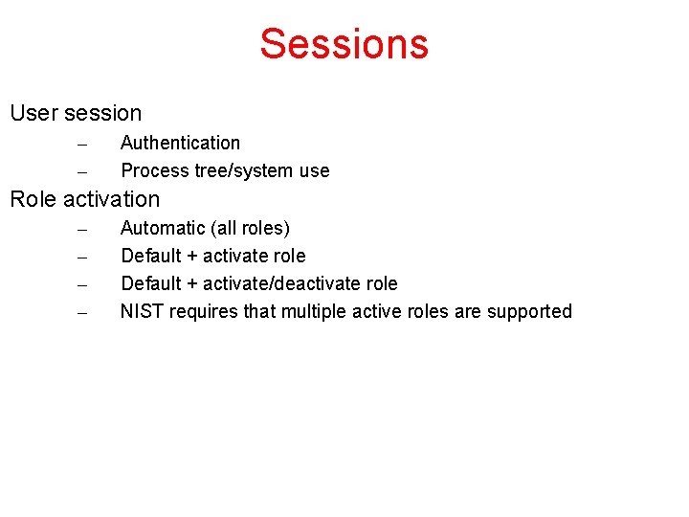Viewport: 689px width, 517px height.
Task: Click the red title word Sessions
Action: tap(344, 44)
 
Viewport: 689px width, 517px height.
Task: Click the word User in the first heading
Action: tap(33, 113)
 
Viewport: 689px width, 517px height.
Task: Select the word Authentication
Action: tap(180, 143)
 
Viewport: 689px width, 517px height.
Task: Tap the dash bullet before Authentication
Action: tap(82, 145)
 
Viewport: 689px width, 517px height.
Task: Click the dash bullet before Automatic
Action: tap(82, 230)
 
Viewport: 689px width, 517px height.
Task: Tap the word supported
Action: tap(529, 312)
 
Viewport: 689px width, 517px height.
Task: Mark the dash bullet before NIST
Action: tap(82, 313)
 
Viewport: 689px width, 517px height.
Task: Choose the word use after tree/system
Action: tap(314, 171)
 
